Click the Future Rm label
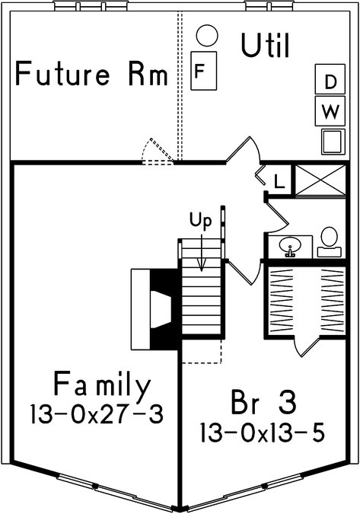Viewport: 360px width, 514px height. coord(91,73)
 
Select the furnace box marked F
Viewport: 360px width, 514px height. coord(203,71)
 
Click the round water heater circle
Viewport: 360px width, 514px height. coord(207,36)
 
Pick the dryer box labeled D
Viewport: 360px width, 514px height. coord(330,79)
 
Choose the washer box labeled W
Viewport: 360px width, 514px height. coord(330,111)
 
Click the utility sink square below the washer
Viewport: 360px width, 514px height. coord(333,142)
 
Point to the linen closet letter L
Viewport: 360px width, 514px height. coord(279,181)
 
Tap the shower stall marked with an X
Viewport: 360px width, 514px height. coord(320,180)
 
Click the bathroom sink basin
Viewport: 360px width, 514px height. coord(290,245)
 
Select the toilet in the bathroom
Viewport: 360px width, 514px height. coord(330,242)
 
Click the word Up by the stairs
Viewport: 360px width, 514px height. coord(201,222)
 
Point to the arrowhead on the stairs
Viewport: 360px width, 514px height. coord(202,266)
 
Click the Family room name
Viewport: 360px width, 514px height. coord(102,385)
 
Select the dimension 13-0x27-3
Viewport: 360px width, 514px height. coord(97,414)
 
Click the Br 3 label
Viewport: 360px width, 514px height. coord(263,401)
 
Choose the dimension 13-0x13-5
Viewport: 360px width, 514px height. coord(263,433)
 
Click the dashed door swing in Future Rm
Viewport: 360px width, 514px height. coord(158,151)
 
